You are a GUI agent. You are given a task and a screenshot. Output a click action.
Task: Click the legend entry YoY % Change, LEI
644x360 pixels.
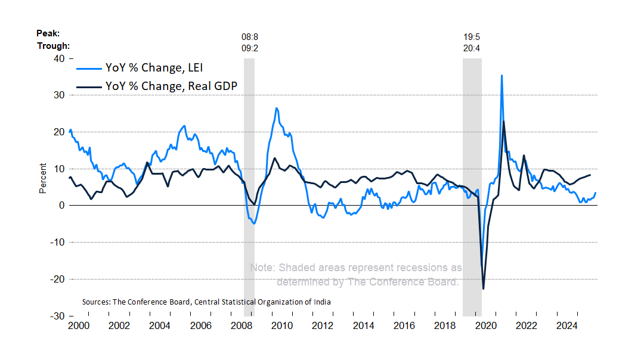pyautogui.click(x=158, y=67)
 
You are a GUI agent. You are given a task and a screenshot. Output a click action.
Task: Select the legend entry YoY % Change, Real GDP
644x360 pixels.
pyautogui.click(x=171, y=86)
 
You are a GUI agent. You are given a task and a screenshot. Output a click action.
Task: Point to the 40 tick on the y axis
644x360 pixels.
pyautogui.click(x=59, y=58)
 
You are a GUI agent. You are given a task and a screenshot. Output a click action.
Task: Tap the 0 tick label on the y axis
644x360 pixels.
pyautogui.click(x=61, y=205)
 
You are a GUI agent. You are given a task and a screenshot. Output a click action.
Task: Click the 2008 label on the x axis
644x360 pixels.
pyautogui.click(x=241, y=326)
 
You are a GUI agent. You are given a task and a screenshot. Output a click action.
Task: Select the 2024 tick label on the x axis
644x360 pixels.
pyautogui.click(x=566, y=326)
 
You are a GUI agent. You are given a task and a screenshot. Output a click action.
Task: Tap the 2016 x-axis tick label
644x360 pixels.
pyautogui.click(x=404, y=326)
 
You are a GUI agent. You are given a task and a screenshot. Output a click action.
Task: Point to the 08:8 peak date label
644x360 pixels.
pyautogui.click(x=249, y=37)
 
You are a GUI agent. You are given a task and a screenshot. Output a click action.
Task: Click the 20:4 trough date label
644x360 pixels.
pyautogui.click(x=472, y=48)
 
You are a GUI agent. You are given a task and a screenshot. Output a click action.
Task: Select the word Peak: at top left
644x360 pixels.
pyautogui.click(x=48, y=33)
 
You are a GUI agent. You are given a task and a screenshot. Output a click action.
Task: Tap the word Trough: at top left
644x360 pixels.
pyautogui.click(x=53, y=46)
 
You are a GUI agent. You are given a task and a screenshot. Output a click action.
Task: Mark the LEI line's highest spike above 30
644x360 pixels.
pyautogui.click(x=501, y=76)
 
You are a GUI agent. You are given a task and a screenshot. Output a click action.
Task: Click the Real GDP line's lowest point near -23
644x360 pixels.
pyautogui.click(x=483, y=289)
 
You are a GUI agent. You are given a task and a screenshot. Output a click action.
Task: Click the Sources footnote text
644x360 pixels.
pyautogui.click(x=206, y=302)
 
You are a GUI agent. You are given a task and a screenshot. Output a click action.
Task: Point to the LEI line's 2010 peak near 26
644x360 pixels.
pyautogui.click(x=277, y=108)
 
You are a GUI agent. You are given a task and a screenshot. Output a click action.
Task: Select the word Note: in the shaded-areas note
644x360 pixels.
pyautogui.click(x=262, y=268)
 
